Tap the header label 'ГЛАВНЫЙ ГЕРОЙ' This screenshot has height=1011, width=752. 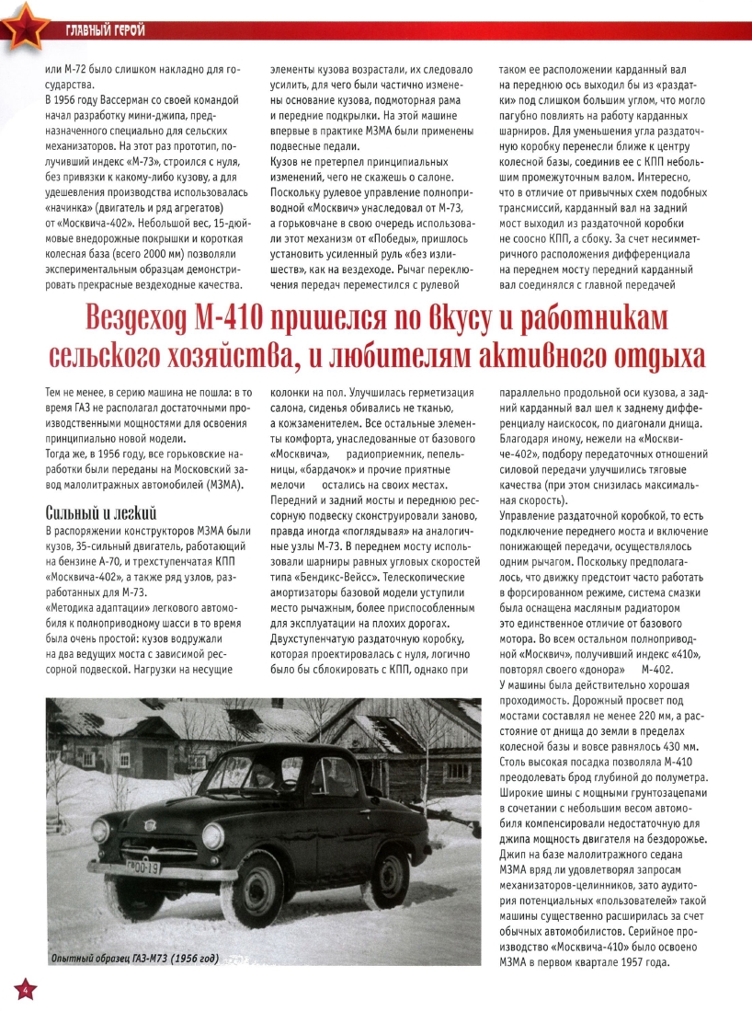pos(105,32)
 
